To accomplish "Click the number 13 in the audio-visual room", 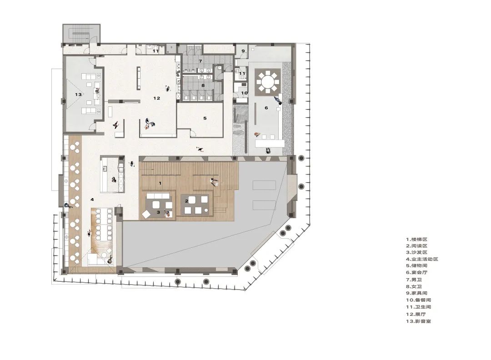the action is tap(78, 94).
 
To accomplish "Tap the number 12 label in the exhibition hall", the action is tap(156, 98).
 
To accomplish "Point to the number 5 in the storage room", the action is tap(205, 118).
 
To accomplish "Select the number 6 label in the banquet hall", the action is tap(266, 108).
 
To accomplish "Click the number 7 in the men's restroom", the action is tap(200, 61).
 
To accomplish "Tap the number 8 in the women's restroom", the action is tap(203, 85).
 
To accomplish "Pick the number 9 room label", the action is tap(243, 51).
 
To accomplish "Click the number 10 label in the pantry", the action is tap(244, 93).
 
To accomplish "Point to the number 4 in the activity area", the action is tap(92, 199).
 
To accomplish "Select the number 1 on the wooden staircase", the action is tap(160, 183).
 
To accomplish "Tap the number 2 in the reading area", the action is tap(187, 200).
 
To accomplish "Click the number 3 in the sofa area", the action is tap(159, 212).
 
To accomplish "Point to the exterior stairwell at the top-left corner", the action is tap(81, 33).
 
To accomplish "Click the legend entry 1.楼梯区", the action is tap(416, 239).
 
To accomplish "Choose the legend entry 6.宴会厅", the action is tap(416, 272).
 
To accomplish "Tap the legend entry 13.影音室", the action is tap(418, 321).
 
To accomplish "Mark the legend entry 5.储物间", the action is tap(416, 265).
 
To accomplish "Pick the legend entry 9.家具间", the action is tap(416, 293).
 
